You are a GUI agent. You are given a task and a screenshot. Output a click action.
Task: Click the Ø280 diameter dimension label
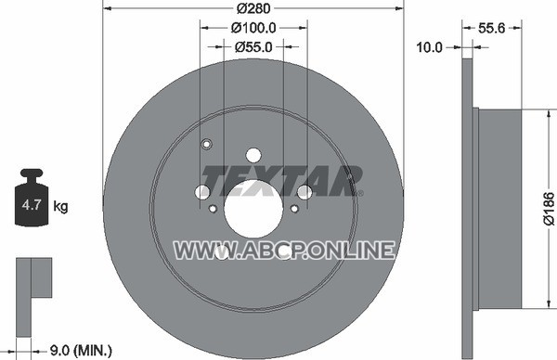pos(253,8)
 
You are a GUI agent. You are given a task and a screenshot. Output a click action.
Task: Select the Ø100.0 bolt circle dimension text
pos(253,28)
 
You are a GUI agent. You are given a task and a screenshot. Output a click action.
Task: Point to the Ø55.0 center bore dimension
pos(253,47)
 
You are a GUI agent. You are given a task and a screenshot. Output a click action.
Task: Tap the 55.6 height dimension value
pos(491,28)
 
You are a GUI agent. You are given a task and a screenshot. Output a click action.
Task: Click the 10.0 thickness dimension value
pos(429,47)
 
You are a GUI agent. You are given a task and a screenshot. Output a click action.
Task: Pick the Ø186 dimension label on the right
pos(550,209)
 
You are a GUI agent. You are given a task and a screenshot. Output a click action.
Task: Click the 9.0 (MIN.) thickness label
pos(81,351)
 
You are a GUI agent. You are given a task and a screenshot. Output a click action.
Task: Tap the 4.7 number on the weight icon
pos(32,205)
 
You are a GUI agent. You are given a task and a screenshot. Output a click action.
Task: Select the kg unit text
pos(60,206)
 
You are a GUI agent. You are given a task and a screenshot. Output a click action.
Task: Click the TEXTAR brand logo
pos(280,181)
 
